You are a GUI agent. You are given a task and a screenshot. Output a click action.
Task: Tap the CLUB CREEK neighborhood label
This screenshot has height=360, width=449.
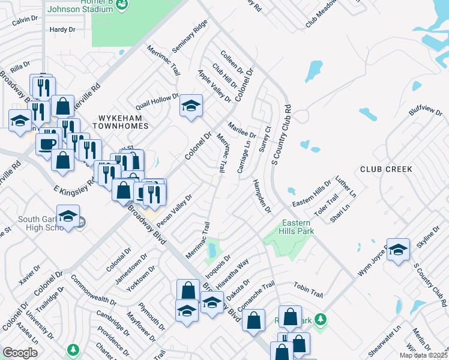click(x=386, y=169)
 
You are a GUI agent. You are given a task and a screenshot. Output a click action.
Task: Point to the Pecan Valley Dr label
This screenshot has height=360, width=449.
click(x=173, y=210)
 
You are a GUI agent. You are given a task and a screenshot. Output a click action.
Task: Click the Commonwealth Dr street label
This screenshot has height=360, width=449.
click(x=93, y=291)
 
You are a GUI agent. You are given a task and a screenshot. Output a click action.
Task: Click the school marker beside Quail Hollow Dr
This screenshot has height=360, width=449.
click(x=191, y=107)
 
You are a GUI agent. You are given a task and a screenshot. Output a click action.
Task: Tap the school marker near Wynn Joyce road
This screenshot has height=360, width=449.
click(x=398, y=249)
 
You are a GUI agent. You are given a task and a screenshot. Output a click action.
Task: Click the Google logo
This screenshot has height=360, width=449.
click(x=20, y=353)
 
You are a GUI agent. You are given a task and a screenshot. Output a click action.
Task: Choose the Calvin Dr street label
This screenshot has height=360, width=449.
click(x=25, y=20)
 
